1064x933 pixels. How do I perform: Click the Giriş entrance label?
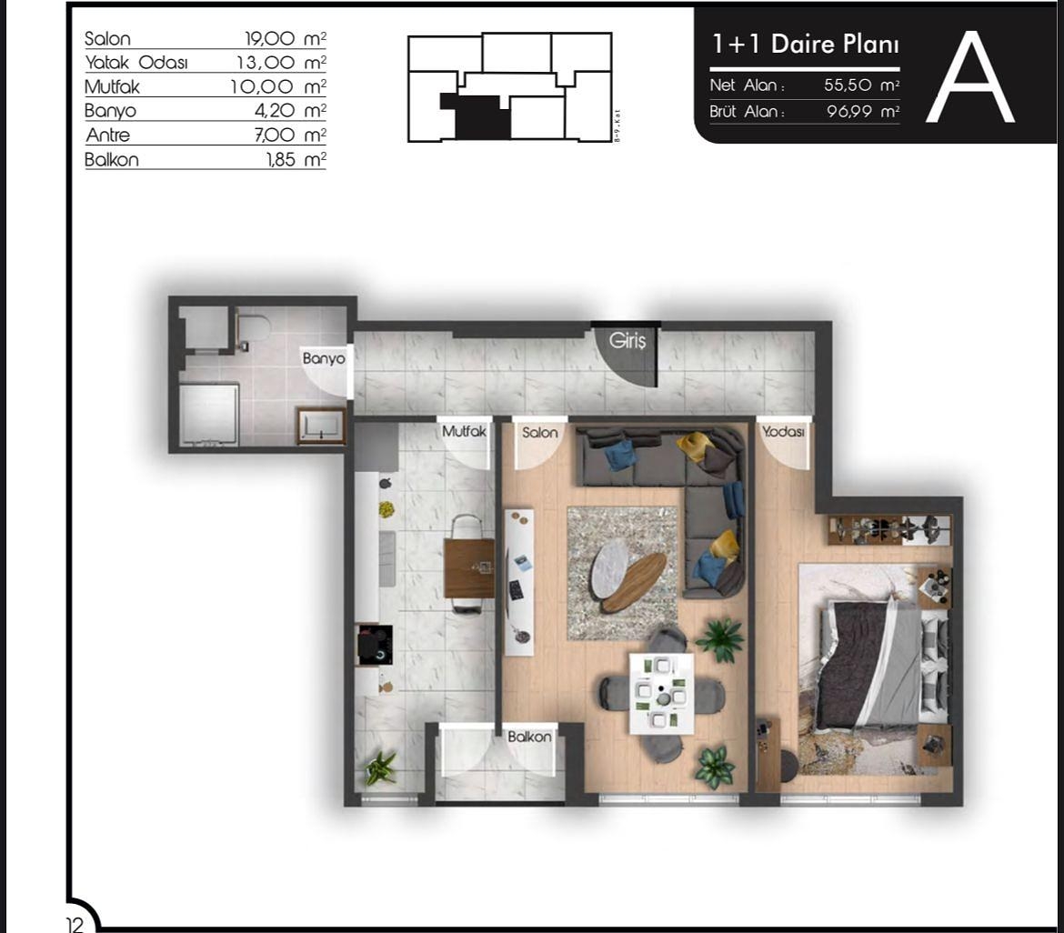click(x=627, y=342)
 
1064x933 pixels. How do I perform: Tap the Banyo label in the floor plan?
click(x=324, y=359)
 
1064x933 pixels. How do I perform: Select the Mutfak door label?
click(x=464, y=433)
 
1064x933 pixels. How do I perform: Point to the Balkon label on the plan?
click(x=529, y=737)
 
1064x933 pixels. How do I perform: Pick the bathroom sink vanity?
click(x=321, y=425)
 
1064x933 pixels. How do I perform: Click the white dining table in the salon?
click(x=661, y=692)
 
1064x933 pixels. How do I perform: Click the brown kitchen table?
click(x=469, y=567)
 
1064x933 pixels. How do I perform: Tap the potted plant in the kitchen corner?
click(x=379, y=768)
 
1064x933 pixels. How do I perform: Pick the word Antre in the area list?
click(x=108, y=135)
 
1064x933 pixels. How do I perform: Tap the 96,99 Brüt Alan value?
click(x=850, y=112)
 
